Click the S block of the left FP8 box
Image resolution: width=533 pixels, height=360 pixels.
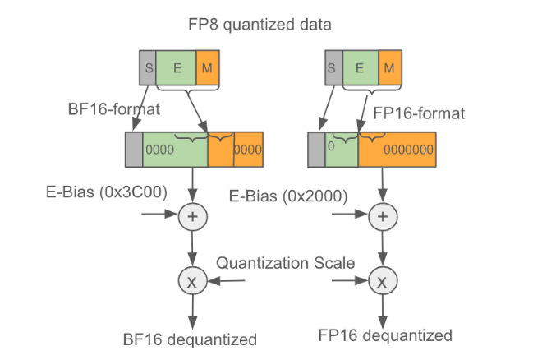(147, 66)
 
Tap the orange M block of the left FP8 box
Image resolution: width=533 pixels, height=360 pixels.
(209, 66)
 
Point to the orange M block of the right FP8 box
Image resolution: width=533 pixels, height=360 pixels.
(392, 66)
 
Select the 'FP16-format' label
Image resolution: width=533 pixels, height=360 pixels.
(419, 113)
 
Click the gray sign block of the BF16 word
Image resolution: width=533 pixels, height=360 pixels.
(133, 150)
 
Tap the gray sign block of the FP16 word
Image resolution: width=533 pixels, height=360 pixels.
(316, 150)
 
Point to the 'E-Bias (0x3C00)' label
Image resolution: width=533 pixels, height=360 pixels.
(106, 192)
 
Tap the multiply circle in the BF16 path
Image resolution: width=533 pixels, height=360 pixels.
(191, 282)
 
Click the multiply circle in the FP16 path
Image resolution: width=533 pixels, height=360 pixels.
(381, 282)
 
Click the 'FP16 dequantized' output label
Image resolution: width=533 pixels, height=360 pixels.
(384, 335)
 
